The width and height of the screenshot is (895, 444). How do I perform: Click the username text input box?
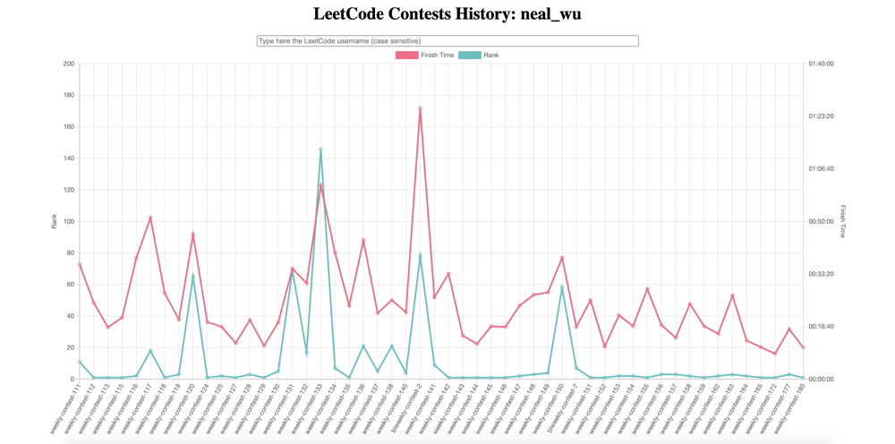[447, 41]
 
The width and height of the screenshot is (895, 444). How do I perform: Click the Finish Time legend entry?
[425, 55]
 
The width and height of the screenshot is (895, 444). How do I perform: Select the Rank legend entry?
[479, 55]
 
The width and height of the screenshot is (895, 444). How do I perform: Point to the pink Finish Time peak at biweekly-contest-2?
[420, 108]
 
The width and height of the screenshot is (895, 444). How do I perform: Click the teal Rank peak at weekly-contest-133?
[320, 149]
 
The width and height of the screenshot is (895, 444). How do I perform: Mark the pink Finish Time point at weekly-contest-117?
[150, 218]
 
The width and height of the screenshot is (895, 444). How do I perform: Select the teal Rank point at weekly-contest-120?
[193, 276]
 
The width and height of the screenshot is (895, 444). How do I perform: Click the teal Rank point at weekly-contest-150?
[562, 287]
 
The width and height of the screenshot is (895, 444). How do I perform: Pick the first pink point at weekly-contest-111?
[80, 264]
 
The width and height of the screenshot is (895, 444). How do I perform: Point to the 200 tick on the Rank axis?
[69, 64]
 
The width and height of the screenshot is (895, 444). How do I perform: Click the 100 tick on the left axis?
[69, 221]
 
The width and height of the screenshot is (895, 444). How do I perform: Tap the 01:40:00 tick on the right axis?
[821, 64]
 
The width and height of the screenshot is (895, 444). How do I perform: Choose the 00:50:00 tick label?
[821, 221]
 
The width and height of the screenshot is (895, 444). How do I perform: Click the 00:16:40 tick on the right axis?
[821, 327]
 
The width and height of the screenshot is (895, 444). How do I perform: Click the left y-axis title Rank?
[54, 221]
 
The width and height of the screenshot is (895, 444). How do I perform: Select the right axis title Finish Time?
[842, 221]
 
